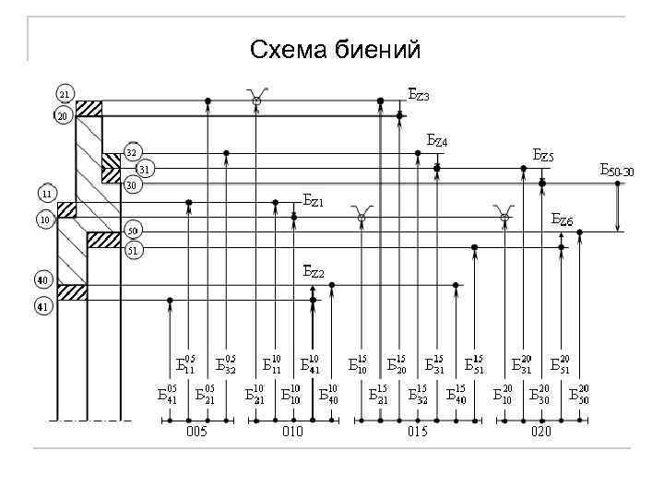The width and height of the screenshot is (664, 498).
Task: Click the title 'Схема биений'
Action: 335,47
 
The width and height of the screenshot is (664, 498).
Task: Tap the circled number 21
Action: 64,94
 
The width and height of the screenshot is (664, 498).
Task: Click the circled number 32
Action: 132,152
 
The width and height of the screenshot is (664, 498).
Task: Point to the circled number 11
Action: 46,194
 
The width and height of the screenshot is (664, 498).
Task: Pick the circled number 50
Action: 132,230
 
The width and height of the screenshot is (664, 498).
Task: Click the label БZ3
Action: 419,95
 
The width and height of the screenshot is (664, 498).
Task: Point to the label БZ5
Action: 543,157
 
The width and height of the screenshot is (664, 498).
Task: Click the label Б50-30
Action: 616,171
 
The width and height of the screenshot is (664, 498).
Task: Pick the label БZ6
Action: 562,219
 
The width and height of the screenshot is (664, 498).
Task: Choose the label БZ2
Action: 314,271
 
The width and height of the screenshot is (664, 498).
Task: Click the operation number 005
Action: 196,432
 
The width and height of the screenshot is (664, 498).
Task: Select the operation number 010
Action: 292,432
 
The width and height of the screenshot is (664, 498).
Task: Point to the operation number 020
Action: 542,432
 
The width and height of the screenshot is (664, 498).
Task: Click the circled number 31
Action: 145,169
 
